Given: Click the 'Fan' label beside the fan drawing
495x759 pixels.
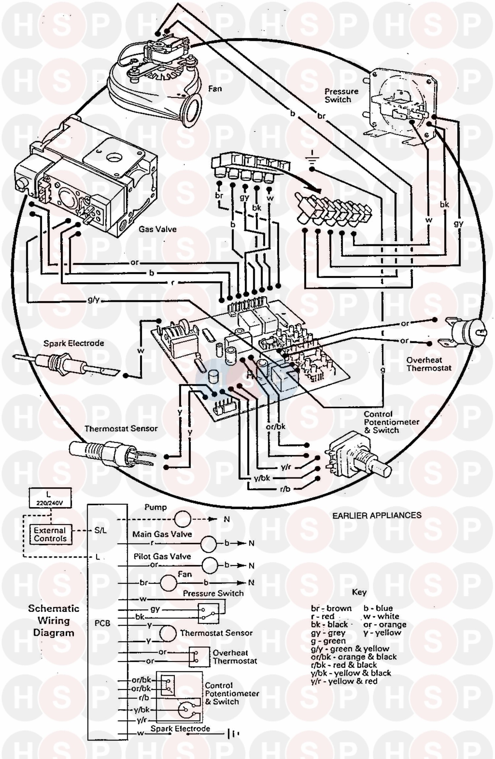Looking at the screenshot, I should tap(215, 89).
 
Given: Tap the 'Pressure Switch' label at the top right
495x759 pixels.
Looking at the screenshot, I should tap(341, 95).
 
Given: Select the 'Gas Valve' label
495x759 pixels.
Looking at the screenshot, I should tap(157, 229).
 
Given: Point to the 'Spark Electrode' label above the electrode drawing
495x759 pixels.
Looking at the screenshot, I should tap(74, 343).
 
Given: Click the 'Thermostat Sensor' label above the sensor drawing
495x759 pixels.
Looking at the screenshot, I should tap(121, 429).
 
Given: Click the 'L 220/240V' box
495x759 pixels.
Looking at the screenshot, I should tap(50, 498).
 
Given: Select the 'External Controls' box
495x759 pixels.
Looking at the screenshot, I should tap(50, 534).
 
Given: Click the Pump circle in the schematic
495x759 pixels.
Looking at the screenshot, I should tap(182, 519).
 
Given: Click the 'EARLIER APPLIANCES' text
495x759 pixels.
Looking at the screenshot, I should tap(377, 515).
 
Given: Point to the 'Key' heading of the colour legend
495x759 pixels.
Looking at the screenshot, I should tap(359, 592).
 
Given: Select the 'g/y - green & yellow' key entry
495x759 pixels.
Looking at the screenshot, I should tap(350, 649).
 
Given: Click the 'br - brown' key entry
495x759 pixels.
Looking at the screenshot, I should tap(331, 608).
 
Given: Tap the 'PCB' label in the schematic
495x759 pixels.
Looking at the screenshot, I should tap(102, 623).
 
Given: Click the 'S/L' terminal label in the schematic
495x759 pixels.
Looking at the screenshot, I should tap(100, 531).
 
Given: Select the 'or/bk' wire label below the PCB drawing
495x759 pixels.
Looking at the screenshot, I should tap(276, 426).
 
